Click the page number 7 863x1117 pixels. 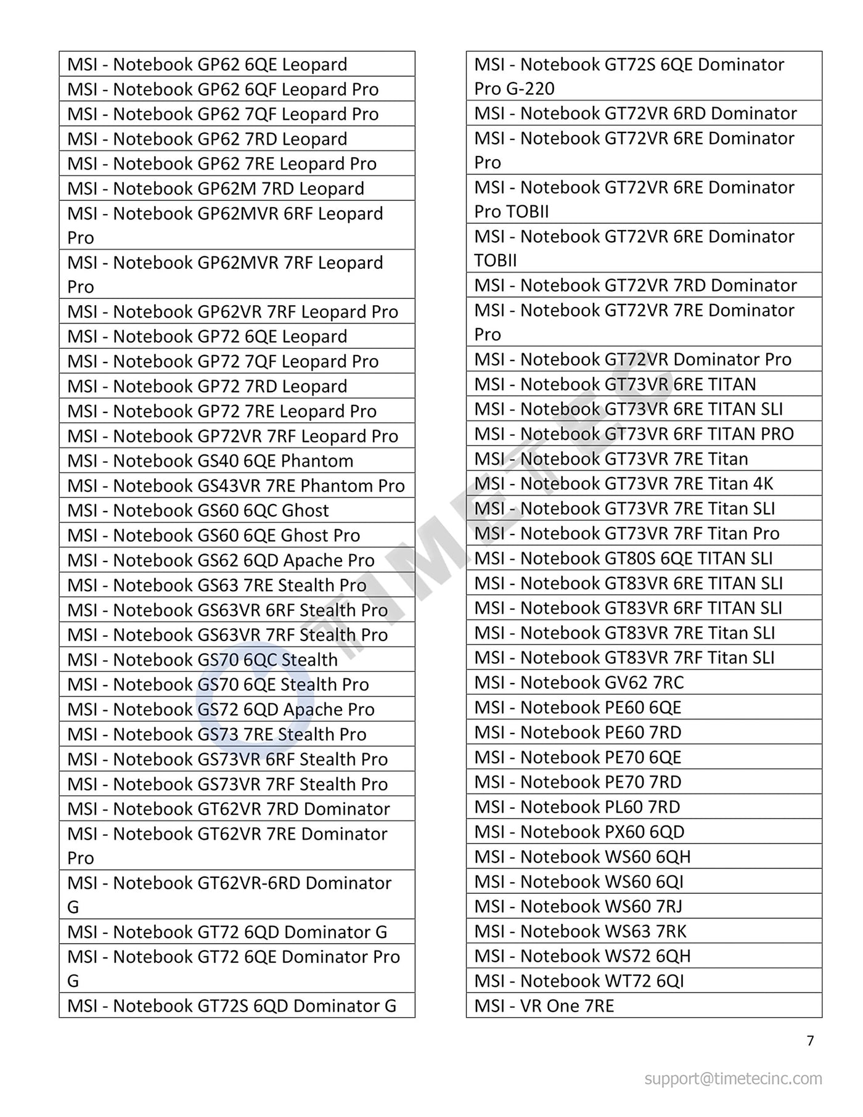pyautogui.click(x=810, y=1041)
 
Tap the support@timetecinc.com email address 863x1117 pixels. pyautogui.click(x=733, y=1078)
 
